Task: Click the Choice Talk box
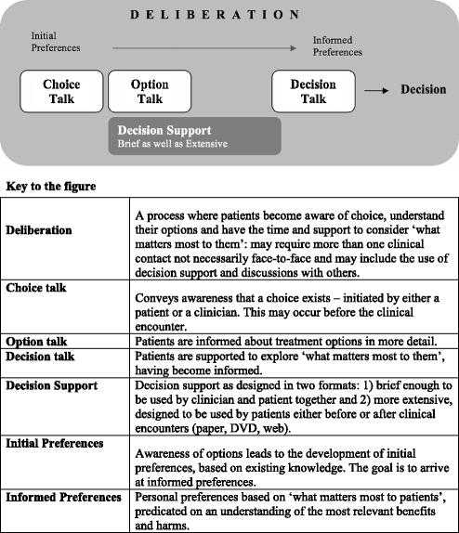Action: (x=60, y=91)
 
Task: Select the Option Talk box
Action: (x=151, y=91)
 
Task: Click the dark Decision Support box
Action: (x=194, y=136)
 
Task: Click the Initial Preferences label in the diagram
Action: (x=55, y=42)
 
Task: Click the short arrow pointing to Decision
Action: (x=375, y=91)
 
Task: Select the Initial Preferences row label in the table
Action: (x=56, y=443)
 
